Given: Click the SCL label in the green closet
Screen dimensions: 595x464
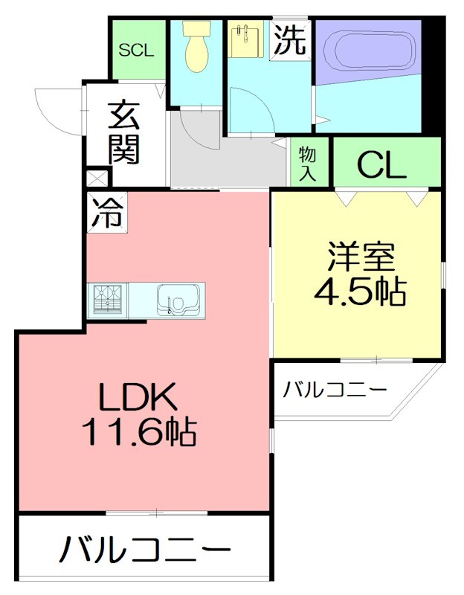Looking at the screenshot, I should point(137,51).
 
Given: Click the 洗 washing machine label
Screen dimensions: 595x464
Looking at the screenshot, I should point(289,40).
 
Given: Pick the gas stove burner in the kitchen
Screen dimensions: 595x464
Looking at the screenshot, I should point(107,300).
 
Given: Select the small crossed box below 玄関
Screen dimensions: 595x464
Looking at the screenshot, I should point(97,178).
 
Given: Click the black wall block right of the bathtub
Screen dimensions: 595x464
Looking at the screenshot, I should point(433,74).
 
